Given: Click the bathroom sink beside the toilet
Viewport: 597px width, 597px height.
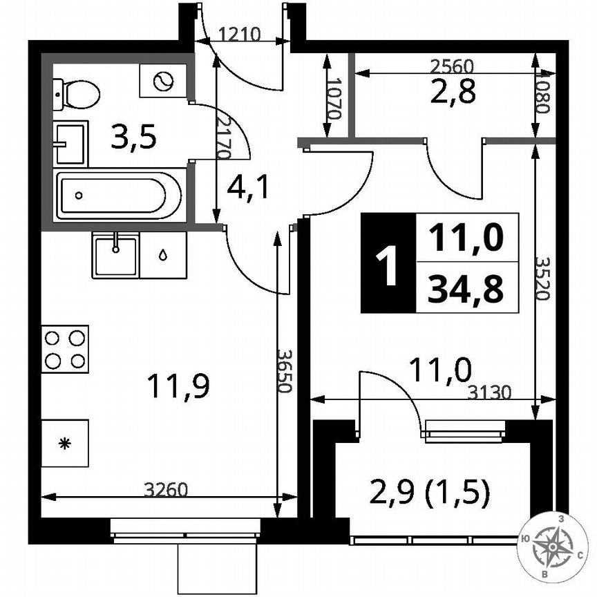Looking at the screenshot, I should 70,143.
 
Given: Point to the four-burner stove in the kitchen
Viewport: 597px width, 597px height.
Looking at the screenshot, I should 65,349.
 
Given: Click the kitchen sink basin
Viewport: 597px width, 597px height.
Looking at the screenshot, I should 115,255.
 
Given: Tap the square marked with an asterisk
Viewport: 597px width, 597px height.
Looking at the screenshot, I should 65,443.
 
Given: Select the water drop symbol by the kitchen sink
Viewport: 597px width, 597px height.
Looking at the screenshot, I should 163,255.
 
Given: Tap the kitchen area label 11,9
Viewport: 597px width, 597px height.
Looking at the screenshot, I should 178,386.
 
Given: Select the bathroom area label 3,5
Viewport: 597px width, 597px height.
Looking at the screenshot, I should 135,138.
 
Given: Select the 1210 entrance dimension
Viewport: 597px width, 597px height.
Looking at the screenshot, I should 238,34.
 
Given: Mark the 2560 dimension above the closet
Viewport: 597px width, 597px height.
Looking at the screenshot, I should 451,66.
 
